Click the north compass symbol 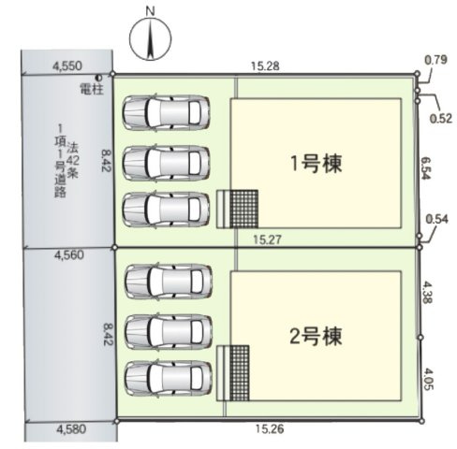tap(151, 39)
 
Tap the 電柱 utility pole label tap(92, 89)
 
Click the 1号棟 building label tap(317, 164)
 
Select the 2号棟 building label tap(316, 336)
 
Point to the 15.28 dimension tap(265, 66)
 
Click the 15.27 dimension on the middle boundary tap(267, 239)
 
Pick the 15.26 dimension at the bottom tap(270, 429)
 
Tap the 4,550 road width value tap(67, 65)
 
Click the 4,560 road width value tap(69, 255)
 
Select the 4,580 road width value tap(71, 429)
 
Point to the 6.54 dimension tap(425, 167)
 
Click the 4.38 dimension tap(427, 293)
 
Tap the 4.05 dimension tap(429, 379)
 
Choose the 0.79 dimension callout tap(435, 60)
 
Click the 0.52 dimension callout tap(441, 118)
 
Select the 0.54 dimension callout tap(437, 219)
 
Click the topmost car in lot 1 tap(166, 112)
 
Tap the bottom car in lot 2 tap(169, 378)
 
